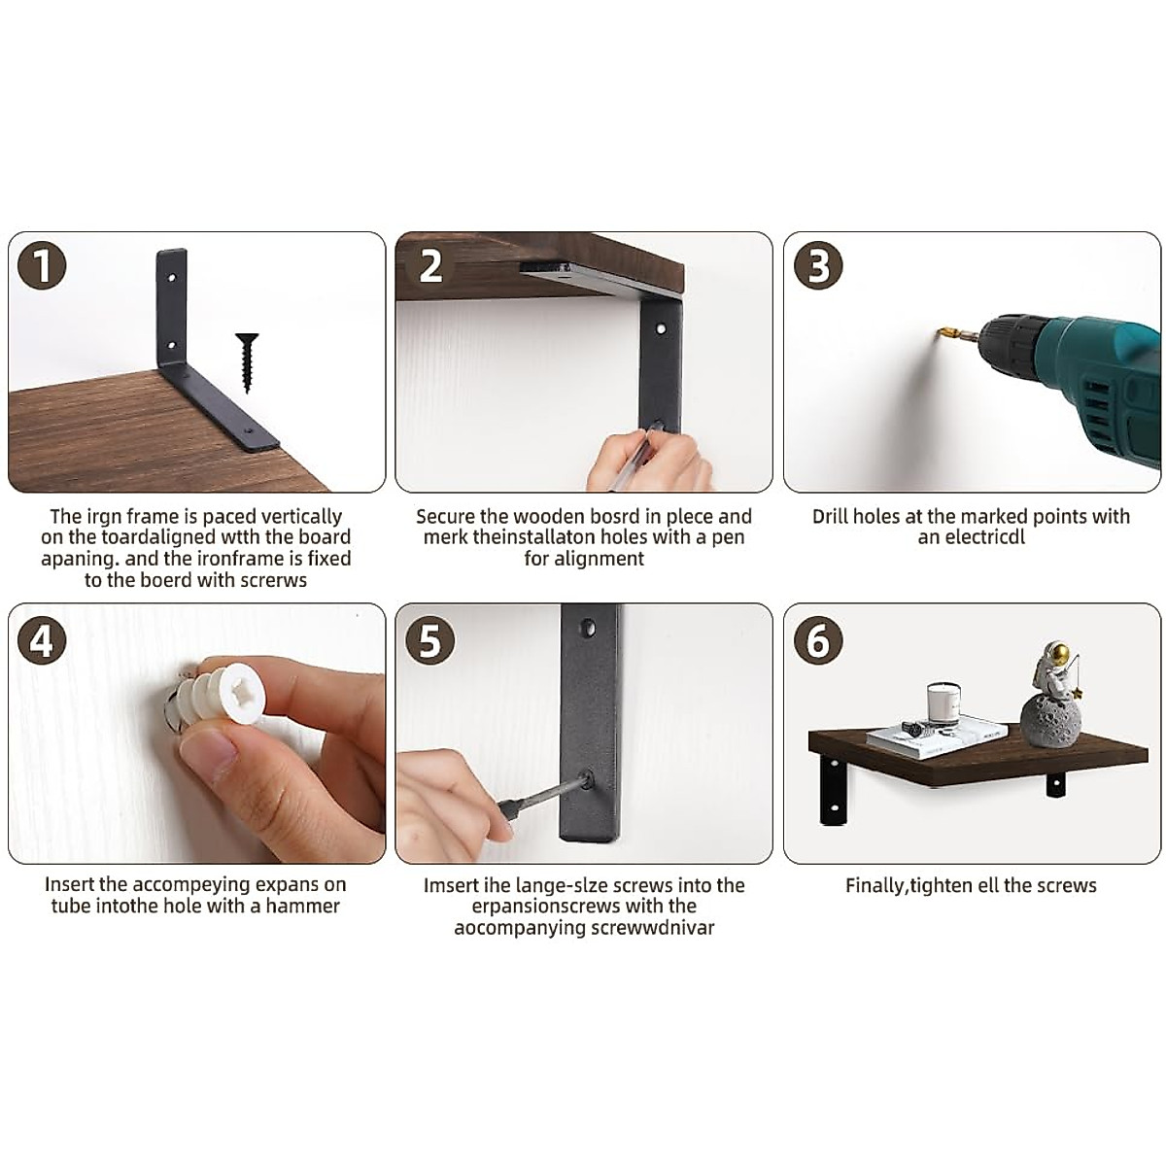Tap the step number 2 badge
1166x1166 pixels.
click(429, 265)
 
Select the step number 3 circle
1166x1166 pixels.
click(818, 265)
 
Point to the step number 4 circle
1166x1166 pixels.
click(42, 640)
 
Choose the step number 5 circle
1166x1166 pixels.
click(429, 640)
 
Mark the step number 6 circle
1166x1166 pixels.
click(818, 640)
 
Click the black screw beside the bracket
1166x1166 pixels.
click(247, 362)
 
